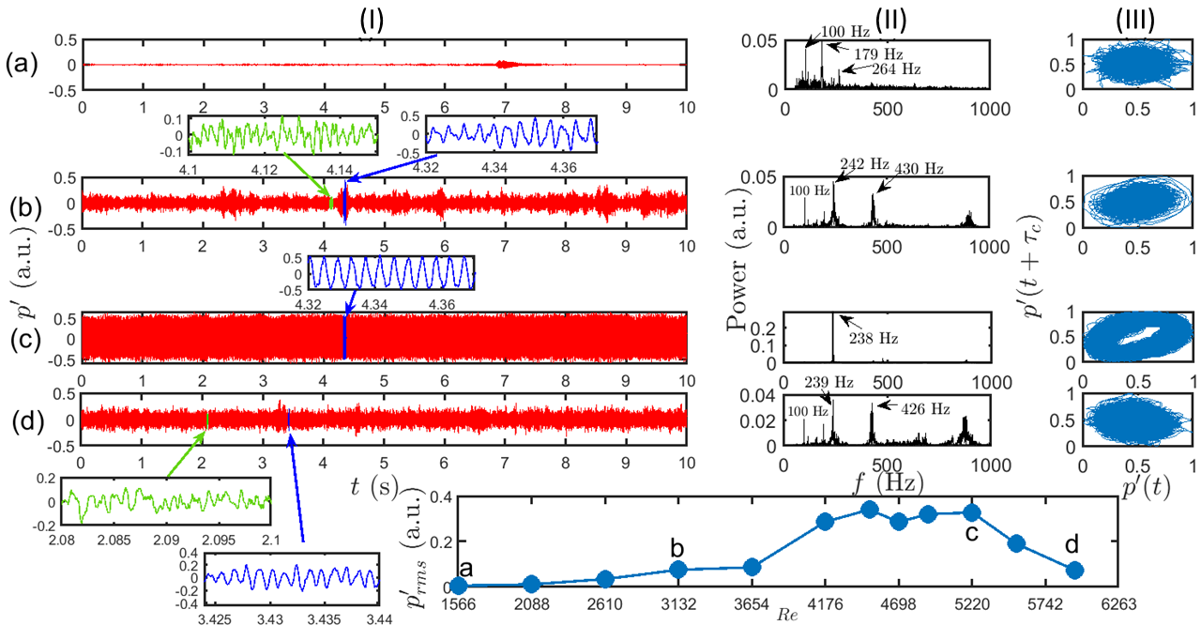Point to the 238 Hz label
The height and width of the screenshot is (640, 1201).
point(874,338)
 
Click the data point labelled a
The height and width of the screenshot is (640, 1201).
point(459,586)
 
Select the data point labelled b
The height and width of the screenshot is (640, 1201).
point(678,570)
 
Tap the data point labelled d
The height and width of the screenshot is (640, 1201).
point(1075,570)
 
